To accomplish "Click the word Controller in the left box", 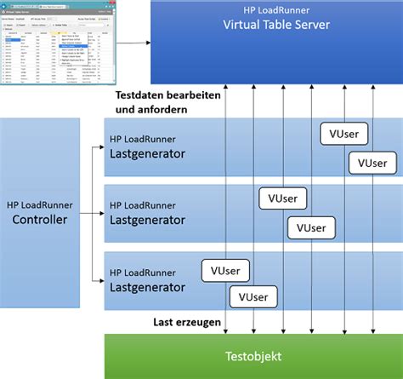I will (41, 220).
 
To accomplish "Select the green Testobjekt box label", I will (253, 355).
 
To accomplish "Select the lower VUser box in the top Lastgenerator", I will (372, 163).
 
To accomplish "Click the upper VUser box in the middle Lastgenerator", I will (282, 198).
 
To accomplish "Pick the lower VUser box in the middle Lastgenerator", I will (310, 227).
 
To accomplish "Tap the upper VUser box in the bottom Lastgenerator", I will (224, 268).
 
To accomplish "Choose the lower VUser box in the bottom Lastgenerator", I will (253, 296).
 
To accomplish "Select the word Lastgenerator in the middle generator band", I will (148, 219).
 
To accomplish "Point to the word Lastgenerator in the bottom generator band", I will (148, 288).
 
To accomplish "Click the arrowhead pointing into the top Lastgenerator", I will (100, 147).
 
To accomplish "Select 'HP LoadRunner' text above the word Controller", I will (41, 204).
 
